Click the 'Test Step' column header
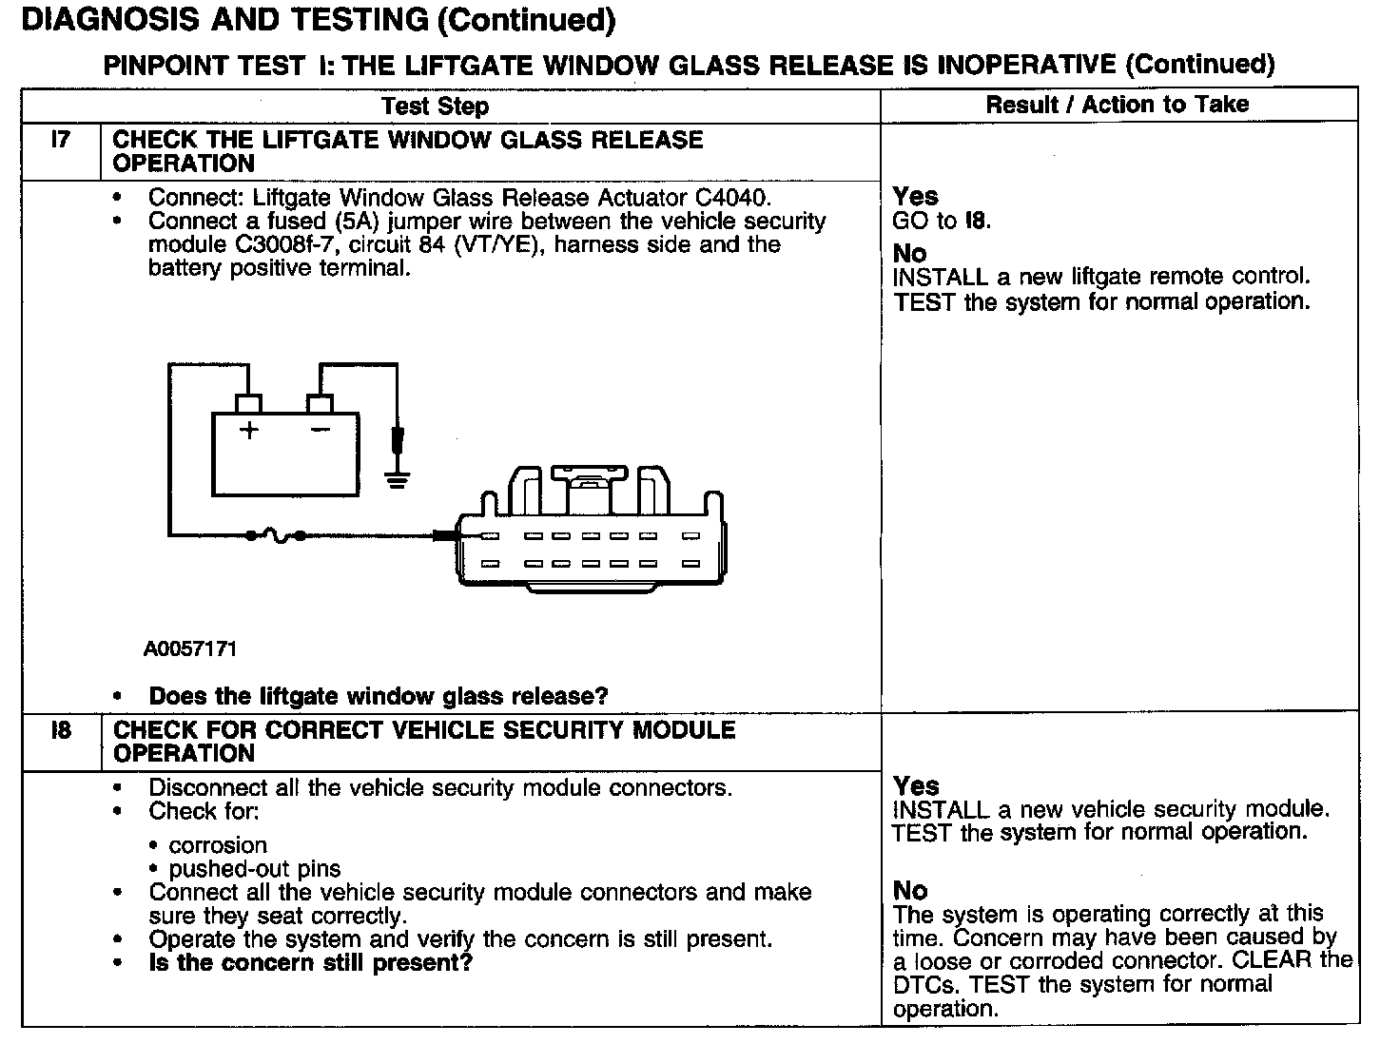coord(435,106)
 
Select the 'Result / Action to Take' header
coord(1117,105)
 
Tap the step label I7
coord(60,140)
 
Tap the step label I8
coord(60,731)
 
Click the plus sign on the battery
coord(249,430)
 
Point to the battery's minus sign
coord(320,430)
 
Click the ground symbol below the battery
coord(397,477)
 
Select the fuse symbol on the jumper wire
coord(276,536)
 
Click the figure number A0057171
coord(190,649)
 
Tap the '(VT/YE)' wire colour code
coord(496,245)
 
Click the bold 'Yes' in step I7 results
coord(915,197)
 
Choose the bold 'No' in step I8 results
coord(910,891)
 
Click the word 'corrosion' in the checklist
coord(218,845)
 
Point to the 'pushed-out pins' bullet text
coord(254,869)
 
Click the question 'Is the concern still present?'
coord(310,963)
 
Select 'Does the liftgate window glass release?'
coord(378,696)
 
